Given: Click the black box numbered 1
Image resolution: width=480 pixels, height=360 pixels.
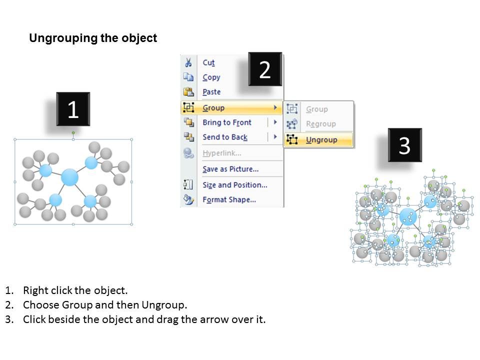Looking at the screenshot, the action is (x=73, y=109).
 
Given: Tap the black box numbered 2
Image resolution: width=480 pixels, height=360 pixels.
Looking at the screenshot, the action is (x=265, y=69).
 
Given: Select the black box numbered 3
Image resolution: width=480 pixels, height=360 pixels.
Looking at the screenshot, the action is (x=404, y=145).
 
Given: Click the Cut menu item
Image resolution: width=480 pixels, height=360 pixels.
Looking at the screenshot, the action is (x=208, y=62).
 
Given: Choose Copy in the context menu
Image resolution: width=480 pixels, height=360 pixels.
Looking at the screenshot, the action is (x=211, y=77).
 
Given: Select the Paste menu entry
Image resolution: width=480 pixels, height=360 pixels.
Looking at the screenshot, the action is (x=211, y=92).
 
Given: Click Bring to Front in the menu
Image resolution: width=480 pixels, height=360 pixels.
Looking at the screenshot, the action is (x=227, y=122).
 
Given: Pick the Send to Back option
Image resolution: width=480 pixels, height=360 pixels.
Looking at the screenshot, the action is (x=225, y=137).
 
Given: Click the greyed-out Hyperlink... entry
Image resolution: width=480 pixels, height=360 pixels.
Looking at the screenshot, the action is (x=221, y=153).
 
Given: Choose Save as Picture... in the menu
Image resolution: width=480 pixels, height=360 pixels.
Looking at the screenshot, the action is (x=230, y=169).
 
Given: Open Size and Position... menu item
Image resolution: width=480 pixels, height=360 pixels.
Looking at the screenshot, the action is (x=235, y=185).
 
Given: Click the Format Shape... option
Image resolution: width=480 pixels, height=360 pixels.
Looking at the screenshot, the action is (x=229, y=199).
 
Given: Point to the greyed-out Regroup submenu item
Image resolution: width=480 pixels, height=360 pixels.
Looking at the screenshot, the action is (x=321, y=124).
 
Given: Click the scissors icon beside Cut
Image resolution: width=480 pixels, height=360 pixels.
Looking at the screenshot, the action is (x=188, y=62).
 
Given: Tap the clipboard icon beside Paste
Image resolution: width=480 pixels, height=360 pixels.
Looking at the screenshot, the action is (x=188, y=91).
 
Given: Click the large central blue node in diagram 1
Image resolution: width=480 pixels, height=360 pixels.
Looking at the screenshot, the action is (x=70, y=177).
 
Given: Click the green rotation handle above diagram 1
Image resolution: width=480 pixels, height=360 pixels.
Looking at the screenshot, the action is (x=73, y=132).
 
